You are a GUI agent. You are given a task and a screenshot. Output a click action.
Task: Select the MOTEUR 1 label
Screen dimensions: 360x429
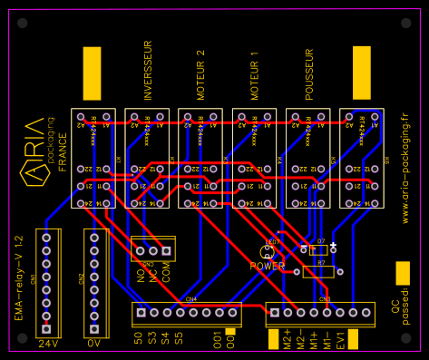(255, 75)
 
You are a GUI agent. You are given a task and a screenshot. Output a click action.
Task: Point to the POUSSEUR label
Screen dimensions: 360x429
(309, 73)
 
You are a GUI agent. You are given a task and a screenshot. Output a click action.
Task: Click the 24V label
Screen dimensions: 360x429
(47, 345)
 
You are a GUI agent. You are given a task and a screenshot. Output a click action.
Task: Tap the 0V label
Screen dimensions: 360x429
(94, 345)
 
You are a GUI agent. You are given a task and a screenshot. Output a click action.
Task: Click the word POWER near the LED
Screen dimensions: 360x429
(268, 267)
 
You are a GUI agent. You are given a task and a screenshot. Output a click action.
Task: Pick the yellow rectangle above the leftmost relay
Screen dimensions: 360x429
(92, 73)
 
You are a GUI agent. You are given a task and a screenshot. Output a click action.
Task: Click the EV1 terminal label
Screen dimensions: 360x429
(340, 340)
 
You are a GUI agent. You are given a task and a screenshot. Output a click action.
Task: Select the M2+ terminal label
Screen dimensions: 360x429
(288, 341)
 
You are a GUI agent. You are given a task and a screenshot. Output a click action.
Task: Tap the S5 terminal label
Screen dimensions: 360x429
(180, 339)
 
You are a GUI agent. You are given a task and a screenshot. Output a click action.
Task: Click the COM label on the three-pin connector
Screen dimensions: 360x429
(167, 275)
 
